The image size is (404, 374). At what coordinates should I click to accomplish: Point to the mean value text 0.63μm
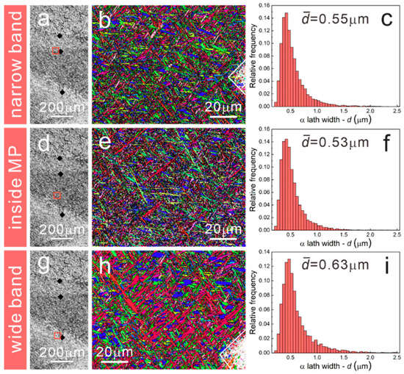(329, 266)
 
